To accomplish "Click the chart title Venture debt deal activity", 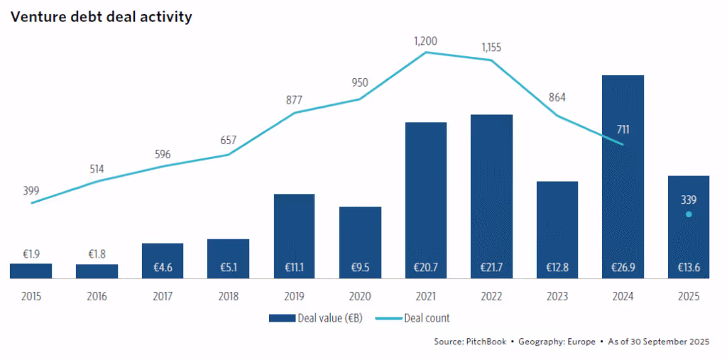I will click(101, 16).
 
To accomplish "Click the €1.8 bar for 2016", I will click(97, 271).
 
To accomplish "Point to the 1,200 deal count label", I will click(426, 41).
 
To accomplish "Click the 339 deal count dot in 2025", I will click(688, 214).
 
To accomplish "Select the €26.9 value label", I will click(623, 268).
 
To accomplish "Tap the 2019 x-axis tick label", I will click(294, 297).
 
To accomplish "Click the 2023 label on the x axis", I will click(557, 297).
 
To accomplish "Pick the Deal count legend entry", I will click(427, 318).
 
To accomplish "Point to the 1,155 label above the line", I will click(491, 48).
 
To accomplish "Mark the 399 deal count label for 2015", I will click(31, 190).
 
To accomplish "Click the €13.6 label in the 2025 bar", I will click(688, 268).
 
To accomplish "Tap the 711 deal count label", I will click(623, 129).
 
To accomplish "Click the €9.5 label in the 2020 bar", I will click(360, 268).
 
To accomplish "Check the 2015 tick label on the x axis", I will click(31, 297).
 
